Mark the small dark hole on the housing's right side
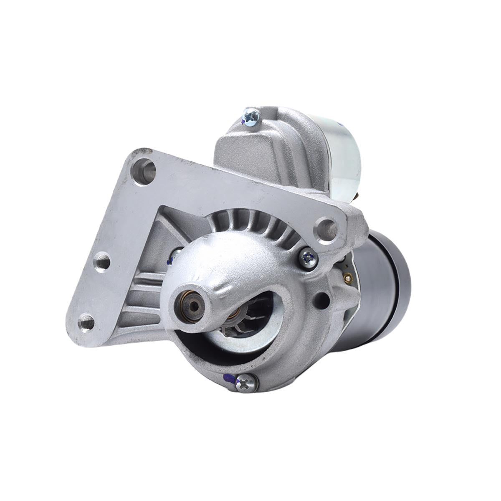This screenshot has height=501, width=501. (x=321, y=298)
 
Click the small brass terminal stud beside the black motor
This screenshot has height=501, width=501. (x=348, y=277)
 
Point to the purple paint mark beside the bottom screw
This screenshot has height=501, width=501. (x=228, y=378)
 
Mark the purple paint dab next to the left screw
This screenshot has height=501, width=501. (x=169, y=261)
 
